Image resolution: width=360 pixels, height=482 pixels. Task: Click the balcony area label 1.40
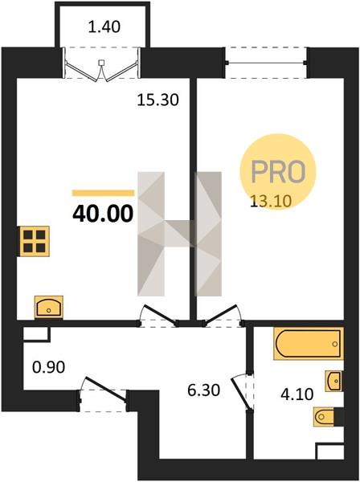click(104, 27)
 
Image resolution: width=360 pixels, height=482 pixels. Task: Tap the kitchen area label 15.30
click(157, 100)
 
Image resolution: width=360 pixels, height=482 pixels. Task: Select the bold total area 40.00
click(103, 214)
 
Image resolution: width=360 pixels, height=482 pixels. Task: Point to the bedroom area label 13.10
click(271, 202)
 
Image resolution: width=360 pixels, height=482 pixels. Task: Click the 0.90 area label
click(48, 367)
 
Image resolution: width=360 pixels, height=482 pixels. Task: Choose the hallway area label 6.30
click(203, 390)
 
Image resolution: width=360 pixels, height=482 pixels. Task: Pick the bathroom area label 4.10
click(297, 394)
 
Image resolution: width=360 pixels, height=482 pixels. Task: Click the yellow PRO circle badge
click(278, 171)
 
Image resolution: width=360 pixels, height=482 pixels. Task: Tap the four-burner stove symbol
click(34, 241)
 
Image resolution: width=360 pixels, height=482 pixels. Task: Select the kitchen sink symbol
click(48, 307)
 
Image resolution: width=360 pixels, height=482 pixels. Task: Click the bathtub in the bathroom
click(309, 344)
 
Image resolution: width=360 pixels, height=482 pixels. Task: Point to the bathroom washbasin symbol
click(334, 381)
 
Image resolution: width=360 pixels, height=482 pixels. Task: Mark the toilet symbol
click(325, 417)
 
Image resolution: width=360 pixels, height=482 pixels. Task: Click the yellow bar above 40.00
click(104, 193)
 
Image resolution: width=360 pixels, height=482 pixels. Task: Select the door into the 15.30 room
click(159, 315)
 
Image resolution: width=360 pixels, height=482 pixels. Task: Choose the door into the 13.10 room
click(222, 315)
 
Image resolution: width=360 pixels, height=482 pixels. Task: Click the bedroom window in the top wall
click(266, 63)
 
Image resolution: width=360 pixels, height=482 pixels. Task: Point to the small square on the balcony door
click(101, 63)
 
